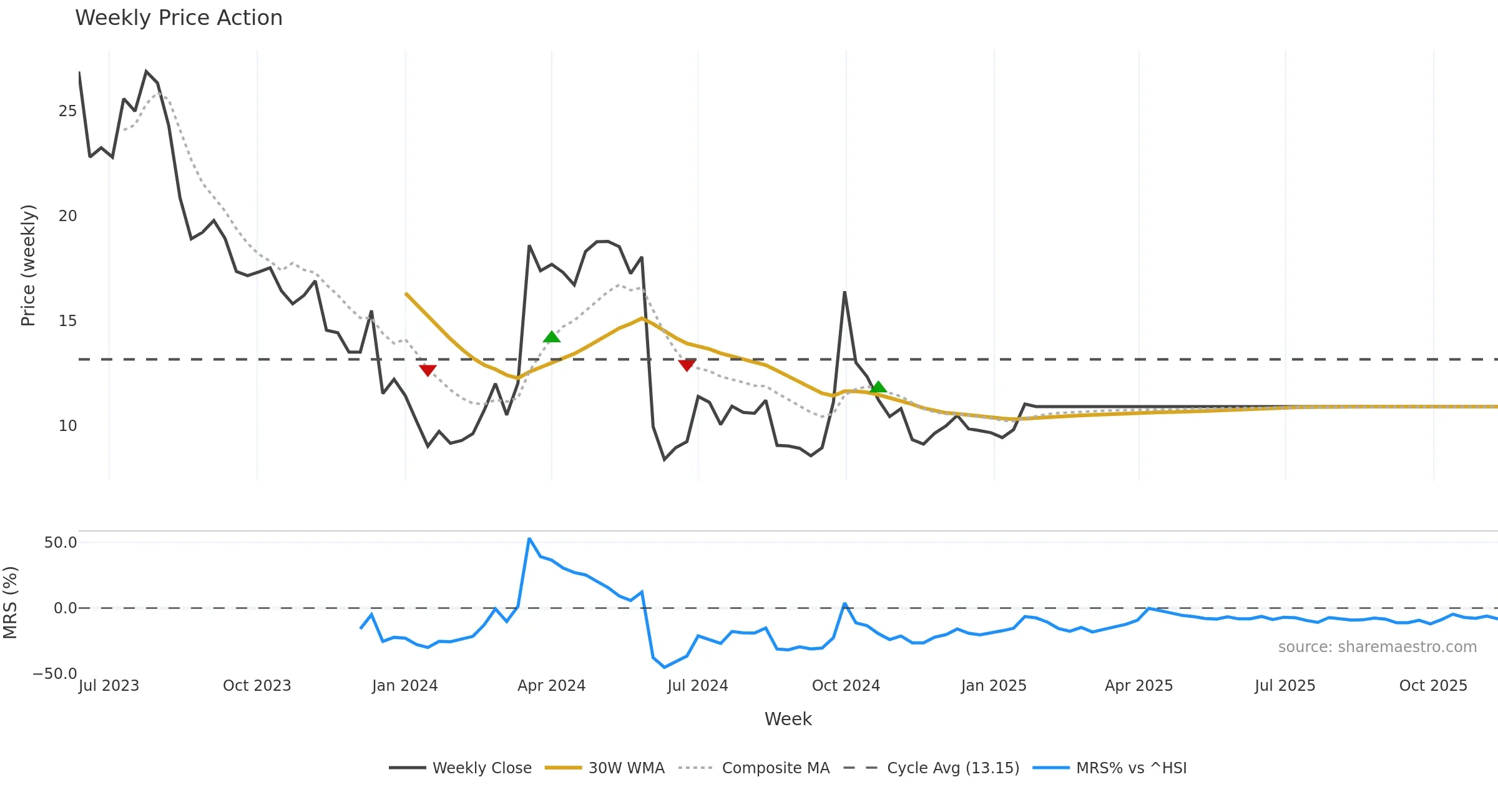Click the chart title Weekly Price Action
179,18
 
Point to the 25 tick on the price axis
67,111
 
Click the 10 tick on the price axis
67,426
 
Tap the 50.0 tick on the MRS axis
61,542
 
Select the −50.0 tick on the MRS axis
55,674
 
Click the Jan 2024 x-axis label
404,686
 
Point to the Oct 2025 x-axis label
1433,686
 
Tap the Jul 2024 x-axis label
698,686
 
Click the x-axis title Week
788,720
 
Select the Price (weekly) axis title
28,265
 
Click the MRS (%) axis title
11,603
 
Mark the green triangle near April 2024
552,337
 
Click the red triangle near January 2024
428,370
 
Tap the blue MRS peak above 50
529,538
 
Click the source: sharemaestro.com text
1377,647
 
